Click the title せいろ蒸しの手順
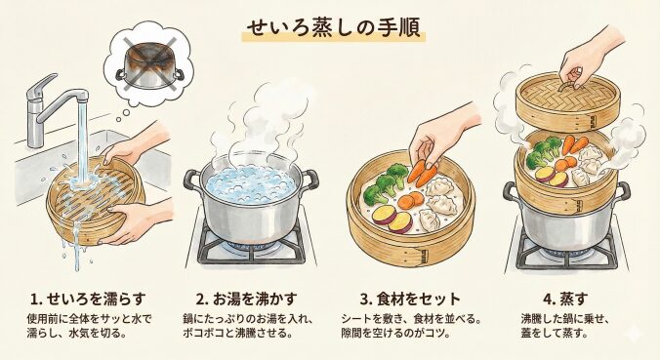pos(333,28)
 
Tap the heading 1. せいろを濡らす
pos(88,299)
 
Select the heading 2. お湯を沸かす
pos(247,299)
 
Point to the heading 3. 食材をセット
pos(410,299)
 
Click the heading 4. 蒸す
pos(565,299)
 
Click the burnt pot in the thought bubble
pos(150,66)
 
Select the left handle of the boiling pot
pos(192,180)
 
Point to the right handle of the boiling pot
pos(309,179)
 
